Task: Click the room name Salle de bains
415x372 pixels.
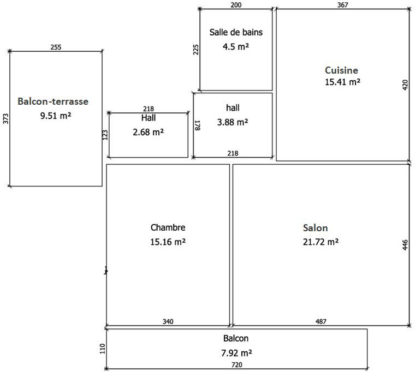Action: [x=236, y=32]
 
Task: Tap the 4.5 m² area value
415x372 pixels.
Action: [x=236, y=47]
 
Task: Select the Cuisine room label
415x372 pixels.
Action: [x=341, y=70]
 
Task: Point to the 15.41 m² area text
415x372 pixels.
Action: [x=342, y=82]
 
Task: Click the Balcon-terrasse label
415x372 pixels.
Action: [x=53, y=101]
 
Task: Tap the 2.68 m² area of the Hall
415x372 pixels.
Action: [x=149, y=132]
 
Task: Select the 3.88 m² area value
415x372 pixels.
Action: [x=233, y=122]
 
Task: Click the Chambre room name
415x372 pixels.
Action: [x=168, y=227]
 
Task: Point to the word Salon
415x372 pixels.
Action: [x=316, y=227]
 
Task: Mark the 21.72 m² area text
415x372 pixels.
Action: [x=321, y=241]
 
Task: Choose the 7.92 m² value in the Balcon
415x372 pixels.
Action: [x=236, y=352]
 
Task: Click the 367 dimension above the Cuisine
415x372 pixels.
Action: [x=342, y=5]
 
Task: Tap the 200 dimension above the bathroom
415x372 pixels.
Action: [x=236, y=5]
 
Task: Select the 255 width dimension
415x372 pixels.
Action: [x=56, y=47]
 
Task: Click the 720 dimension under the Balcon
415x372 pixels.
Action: [x=236, y=365]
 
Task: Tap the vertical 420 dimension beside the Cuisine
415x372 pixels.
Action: [x=405, y=85]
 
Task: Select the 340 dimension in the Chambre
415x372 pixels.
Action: [x=168, y=322]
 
